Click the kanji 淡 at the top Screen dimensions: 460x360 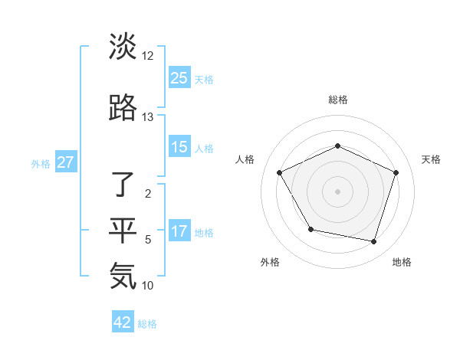coord(123,47)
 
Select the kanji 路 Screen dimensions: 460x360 coord(123,108)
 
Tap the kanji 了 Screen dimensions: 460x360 coord(123,185)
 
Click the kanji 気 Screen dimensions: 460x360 coord(123,276)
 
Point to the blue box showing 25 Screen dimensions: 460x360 coord(179,78)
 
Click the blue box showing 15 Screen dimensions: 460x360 coord(179,147)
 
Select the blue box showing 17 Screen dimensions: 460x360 coord(179,231)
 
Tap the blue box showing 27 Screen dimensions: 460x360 coord(65,162)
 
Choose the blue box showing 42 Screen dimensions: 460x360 coord(123,322)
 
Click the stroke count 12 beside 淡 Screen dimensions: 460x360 coord(148,56)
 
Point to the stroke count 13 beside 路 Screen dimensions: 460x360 coord(148,117)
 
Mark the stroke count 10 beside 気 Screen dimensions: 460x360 coord(148,286)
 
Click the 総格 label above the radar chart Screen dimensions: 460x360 coord(338,100)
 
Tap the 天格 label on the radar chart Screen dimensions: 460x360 coord(431,159)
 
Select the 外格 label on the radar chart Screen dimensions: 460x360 coord(270,262)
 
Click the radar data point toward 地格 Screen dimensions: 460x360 coord(373,242)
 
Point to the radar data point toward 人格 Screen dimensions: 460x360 coord(279,172)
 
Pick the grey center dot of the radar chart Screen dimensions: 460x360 coord(337,191)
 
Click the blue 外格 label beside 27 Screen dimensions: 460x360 coord(40,163)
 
